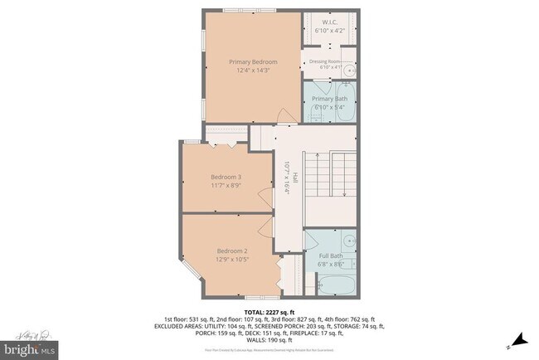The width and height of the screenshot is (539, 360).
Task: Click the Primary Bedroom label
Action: point(253,62)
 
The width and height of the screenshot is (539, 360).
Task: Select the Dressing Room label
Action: point(325,61)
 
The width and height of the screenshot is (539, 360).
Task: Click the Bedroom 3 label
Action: point(226,177)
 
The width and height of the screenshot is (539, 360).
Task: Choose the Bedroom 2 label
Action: point(232,251)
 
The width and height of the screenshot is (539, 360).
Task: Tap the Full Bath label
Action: point(330,256)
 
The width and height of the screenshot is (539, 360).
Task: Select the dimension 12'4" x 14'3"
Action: point(253,71)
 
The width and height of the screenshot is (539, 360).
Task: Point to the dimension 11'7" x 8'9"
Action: point(226,186)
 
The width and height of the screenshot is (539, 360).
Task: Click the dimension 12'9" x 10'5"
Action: point(232,260)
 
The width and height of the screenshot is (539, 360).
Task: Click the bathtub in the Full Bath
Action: point(332,285)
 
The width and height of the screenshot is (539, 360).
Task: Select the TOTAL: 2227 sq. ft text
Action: point(269,311)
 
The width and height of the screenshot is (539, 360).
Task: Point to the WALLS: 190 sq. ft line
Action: point(269,340)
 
